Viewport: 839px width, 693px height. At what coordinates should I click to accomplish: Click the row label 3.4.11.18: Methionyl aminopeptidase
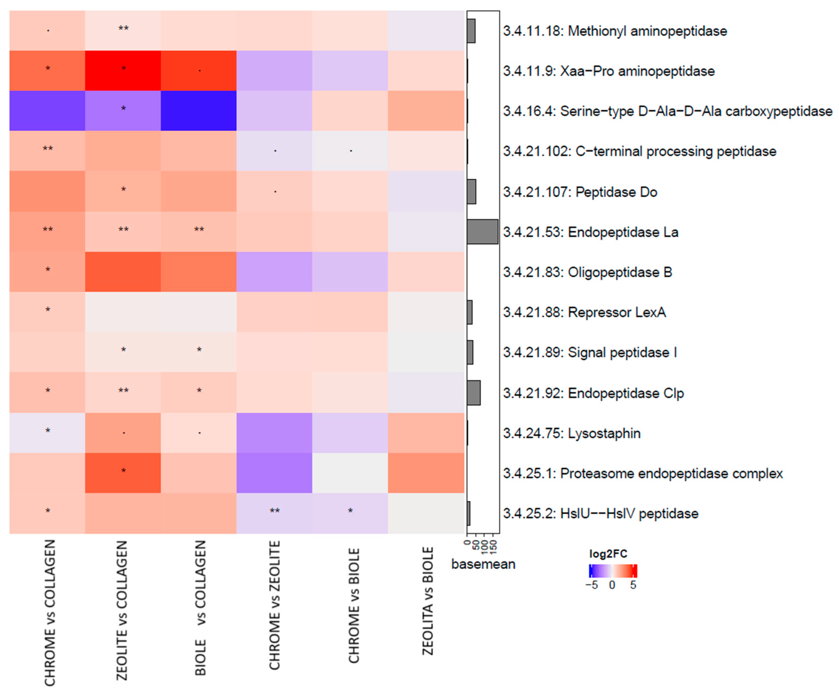pyautogui.click(x=615, y=31)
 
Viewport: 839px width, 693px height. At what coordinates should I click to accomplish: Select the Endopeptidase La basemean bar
pyautogui.click(x=482, y=231)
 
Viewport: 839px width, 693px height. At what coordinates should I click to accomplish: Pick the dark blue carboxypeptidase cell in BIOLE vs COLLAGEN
pyautogui.click(x=199, y=110)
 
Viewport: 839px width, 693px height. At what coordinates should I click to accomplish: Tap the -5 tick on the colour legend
pyautogui.click(x=592, y=585)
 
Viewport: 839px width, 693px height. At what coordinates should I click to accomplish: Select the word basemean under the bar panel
pyautogui.click(x=483, y=564)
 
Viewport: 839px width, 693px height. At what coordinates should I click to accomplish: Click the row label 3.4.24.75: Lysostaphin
pyautogui.click(x=572, y=433)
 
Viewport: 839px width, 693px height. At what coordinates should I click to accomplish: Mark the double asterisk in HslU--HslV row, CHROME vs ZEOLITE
pyautogui.click(x=275, y=511)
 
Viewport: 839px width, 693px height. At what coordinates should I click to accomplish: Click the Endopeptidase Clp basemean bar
pyautogui.click(x=473, y=393)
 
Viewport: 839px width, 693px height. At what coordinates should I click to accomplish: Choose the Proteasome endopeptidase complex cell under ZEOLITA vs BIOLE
pyautogui.click(x=426, y=473)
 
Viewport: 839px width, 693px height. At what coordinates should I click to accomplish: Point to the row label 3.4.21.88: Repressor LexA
pyautogui.click(x=584, y=312)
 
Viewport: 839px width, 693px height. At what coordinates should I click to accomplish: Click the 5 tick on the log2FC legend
pyautogui.click(x=633, y=585)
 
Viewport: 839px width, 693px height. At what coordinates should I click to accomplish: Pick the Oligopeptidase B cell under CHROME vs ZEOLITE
pyautogui.click(x=274, y=272)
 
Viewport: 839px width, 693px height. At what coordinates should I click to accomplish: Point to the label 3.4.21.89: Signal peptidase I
pyautogui.click(x=590, y=352)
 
